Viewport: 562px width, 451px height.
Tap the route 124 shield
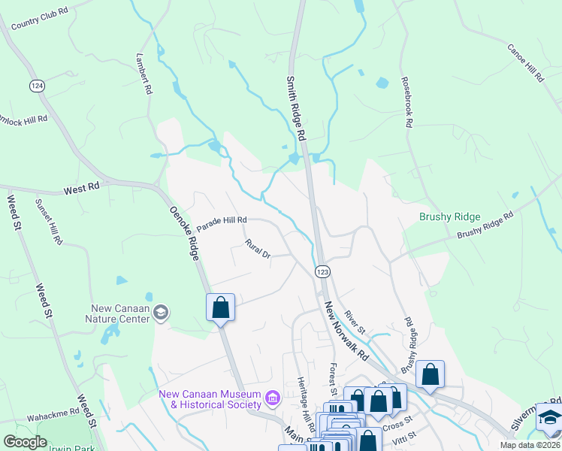(36, 86)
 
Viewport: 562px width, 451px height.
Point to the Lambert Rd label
(144, 74)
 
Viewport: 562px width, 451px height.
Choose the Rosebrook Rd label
(407, 103)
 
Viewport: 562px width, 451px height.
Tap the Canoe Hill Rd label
(525, 62)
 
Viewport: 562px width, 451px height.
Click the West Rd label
(82, 191)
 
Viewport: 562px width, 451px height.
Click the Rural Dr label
(258, 250)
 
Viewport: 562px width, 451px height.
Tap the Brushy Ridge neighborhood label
(449, 216)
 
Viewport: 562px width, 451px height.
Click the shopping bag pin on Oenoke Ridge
(220, 307)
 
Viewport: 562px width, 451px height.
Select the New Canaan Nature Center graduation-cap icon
(160, 312)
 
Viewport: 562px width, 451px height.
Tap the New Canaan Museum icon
(272, 396)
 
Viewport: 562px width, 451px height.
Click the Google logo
(25, 442)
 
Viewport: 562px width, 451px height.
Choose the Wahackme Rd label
(53, 413)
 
